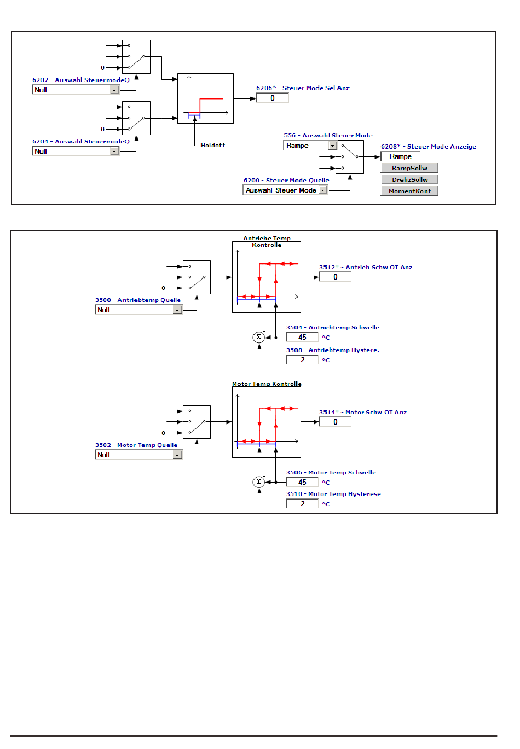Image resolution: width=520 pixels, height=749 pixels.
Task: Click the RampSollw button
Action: coord(409,168)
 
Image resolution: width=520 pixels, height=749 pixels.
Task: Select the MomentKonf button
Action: coord(409,191)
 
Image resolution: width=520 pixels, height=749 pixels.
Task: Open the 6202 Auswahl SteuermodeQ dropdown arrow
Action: coord(114,90)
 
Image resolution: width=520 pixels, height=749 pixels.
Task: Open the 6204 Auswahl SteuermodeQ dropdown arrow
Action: coord(114,152)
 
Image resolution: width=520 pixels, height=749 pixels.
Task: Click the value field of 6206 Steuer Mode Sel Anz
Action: coord(273,98)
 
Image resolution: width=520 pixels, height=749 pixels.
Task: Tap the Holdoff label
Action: coord(213,145)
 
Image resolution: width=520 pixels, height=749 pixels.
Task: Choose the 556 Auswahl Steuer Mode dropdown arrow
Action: coord(332,146)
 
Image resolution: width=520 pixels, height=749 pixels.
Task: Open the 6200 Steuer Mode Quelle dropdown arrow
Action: coord(322,190)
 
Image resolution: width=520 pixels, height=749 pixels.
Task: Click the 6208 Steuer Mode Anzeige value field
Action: coord(400,156)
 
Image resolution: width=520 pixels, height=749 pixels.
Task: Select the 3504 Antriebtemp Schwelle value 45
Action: coord(302,337)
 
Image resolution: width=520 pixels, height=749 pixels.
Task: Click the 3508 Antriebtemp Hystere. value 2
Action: coord(302,360)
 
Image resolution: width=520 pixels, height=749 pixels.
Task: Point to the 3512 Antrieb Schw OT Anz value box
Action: coord(336,277)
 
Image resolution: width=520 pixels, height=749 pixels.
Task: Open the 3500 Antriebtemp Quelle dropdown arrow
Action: coord(177,310)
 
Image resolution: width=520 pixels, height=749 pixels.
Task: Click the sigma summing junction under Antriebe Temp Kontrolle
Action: coord(259,337)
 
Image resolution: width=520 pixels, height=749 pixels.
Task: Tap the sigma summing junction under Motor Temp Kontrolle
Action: coord(259,482)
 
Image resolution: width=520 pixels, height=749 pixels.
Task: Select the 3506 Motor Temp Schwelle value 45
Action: coord(302,482)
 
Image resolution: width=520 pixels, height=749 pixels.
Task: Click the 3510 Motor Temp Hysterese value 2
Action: coord(302,503)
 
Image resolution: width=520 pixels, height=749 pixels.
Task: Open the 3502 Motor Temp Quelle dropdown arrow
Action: coord(177,455)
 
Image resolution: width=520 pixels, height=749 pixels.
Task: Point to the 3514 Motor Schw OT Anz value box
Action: coord(336,422)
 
